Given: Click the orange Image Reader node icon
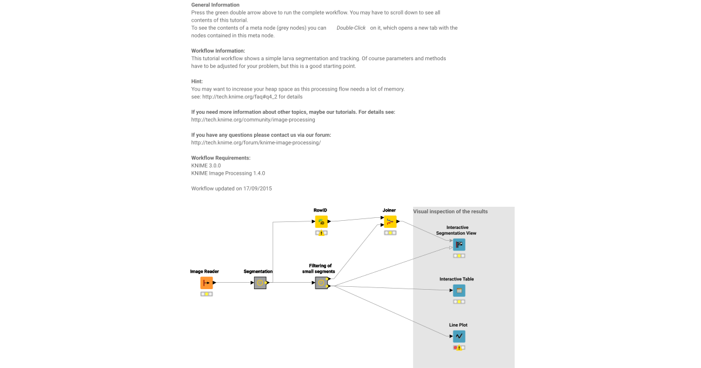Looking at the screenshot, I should [x=206, y=283].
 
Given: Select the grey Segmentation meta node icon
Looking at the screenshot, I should [x=260, y=283].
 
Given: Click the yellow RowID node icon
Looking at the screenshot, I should [x=321, y=221].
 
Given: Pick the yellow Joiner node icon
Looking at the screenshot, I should [x=390, y=221].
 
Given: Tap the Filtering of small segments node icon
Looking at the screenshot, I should [x=321, y=283].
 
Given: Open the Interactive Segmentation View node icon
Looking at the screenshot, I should [x=459, y=244].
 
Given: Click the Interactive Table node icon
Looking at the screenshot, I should [x=459, y=290].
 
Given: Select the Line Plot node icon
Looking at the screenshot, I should [x=459, y=336].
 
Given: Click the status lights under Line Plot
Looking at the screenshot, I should [x=459, y=348].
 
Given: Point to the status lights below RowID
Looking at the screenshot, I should [x=321, y=232].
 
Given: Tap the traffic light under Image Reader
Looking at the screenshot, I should [x=206, y=294].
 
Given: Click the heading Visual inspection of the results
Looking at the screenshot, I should [x=450, y=211].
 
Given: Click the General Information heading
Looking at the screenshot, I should [x=215, y=5].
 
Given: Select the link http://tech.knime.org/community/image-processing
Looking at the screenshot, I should [x=253, y=120].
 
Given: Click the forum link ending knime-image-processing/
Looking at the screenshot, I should [x=256, y=143].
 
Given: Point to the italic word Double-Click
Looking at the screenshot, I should [x=351, y=28].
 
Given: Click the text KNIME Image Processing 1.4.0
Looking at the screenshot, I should [x=228, y=173].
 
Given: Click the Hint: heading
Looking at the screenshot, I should [x=197, y=81].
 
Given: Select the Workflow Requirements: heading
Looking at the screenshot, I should [x=221, y=158].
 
